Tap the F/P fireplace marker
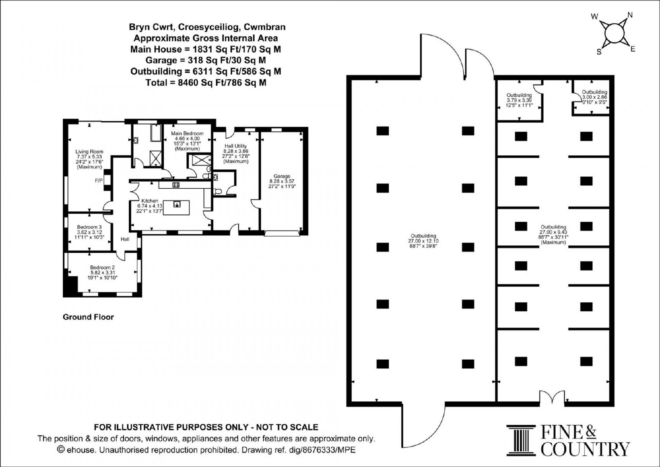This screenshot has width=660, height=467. click(x=99, y=180)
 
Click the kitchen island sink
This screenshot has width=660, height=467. click(x=177, y=204)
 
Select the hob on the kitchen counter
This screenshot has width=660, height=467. click(x=176, y=185)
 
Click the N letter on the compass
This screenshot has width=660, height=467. click(x=630, y=15)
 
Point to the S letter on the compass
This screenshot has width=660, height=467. click(x=599, y=52)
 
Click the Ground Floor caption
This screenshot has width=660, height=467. click(x=88, y=317)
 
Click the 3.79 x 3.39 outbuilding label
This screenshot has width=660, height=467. click(x=519, y=100)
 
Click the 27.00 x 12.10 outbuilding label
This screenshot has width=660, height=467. click(x=423, y=241)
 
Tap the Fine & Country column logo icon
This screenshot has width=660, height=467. click(x=521, y=440)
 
